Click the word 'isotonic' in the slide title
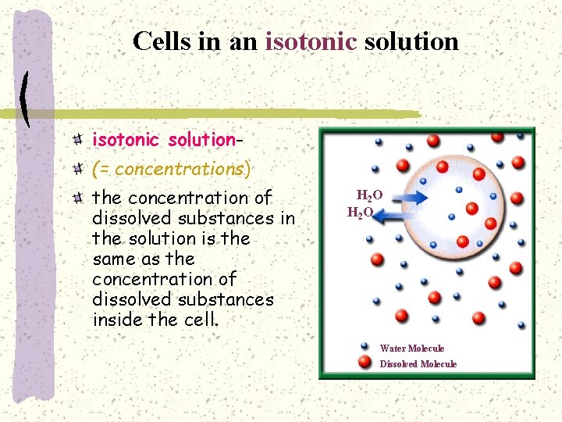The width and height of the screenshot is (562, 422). click(x=311, y=41)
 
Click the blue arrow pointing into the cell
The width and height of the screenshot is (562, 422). click(x=404, y=196)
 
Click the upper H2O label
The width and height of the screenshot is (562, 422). click(x=369, y=195)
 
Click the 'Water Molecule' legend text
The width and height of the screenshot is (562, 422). click(x=411, y=349)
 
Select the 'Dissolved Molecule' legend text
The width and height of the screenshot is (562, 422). click(x=418, y=364)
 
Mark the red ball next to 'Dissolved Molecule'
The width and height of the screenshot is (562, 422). click(x=364, y=362)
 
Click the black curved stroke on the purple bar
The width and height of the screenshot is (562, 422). click(x=25, y=99)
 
